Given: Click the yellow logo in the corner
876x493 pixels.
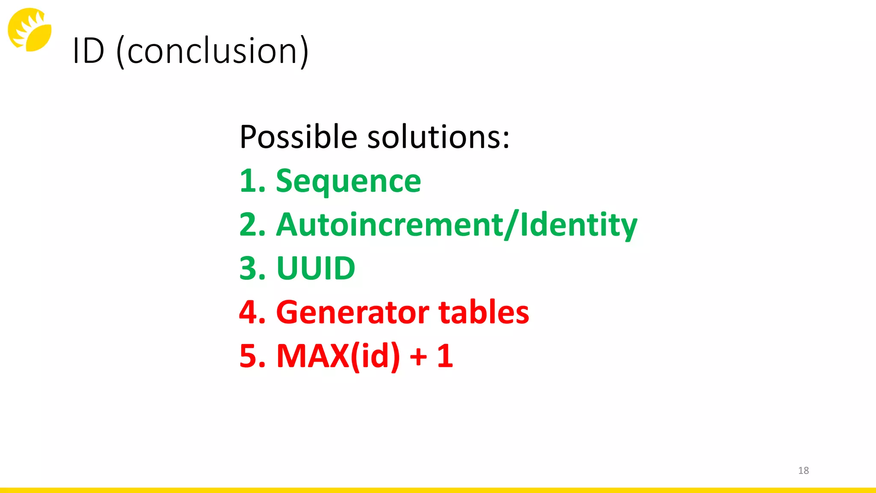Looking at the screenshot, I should point(30,30).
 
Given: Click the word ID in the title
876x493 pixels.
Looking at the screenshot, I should point(89,51).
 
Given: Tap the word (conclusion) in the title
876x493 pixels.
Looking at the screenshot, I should point(213,51).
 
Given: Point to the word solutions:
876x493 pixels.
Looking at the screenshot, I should point(438,137).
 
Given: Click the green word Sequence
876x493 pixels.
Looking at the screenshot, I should point(348,181).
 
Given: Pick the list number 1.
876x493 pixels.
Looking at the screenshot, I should point(250,181).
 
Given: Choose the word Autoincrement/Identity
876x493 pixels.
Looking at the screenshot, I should point(457,225).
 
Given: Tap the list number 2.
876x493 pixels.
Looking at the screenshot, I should point(252,225).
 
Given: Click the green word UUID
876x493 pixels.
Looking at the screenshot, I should point(316,268).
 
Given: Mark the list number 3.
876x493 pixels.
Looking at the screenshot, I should point(252,268).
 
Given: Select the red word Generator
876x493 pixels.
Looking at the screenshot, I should point(352,312).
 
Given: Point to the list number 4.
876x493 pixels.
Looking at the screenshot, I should point(252,312).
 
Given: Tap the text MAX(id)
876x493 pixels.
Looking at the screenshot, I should point(338,356).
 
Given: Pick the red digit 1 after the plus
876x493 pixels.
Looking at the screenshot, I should point(445,356).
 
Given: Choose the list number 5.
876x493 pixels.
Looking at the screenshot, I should point(252,356).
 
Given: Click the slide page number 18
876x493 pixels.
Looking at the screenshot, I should point(803,470).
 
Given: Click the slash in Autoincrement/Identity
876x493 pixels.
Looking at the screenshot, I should point(511,225).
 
